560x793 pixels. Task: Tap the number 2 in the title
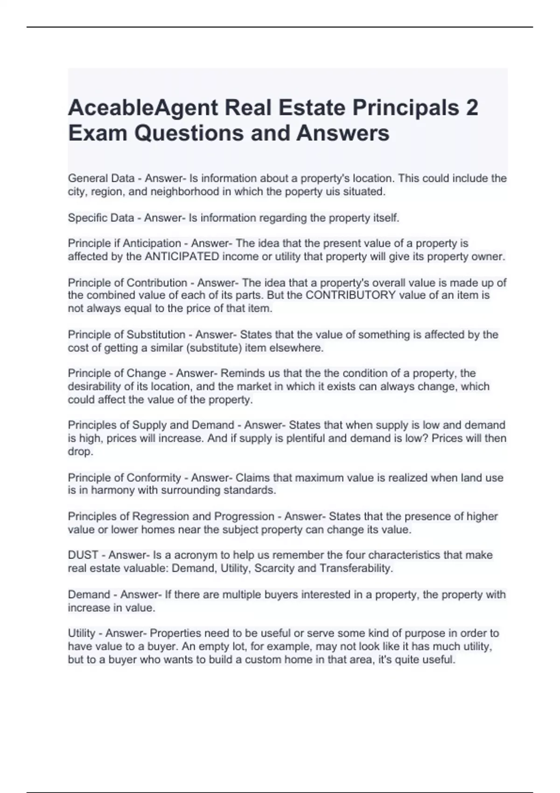(x=472, y=108)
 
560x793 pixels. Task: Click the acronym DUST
(x=83, y=555)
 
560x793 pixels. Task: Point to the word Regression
(x=161, y=516)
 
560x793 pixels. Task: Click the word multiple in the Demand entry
(x=241, y=595)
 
